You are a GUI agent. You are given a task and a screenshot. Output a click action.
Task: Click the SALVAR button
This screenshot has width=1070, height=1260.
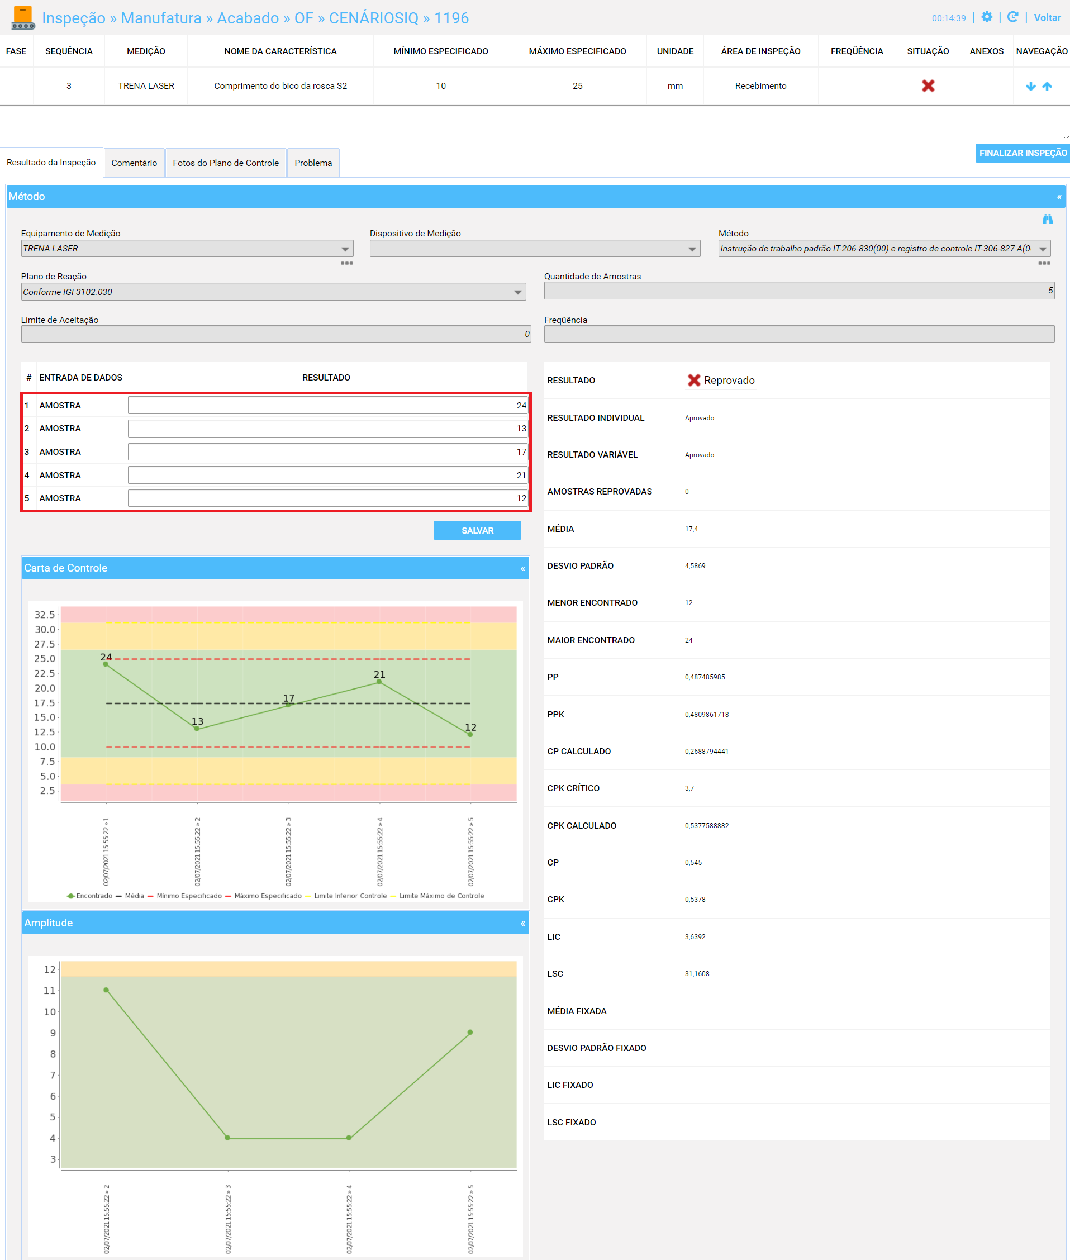click(x=477, y=530)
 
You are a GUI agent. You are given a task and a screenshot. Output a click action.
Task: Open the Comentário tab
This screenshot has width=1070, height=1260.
click(x=134, y=163)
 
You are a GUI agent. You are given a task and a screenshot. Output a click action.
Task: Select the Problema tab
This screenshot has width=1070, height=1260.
click(x=313, y=163)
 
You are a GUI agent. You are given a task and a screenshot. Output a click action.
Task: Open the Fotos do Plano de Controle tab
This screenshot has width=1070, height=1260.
click(x=226, y=163)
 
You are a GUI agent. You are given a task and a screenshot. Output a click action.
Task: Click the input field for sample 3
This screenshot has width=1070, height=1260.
click(x=327, y=452)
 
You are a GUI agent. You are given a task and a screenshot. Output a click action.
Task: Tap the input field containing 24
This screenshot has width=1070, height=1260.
click(x=327, y=405)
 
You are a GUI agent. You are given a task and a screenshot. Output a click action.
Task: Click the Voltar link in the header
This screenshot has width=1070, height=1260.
click(x=1047, y=17)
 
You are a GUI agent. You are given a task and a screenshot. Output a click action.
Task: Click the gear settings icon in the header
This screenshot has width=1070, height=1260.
click(x=987, y=17)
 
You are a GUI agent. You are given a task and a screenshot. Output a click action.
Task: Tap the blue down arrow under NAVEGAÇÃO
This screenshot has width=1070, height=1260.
click(x=1030, y=86)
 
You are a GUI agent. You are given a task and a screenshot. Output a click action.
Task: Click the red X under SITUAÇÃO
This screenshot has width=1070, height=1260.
click(x=928, y=85)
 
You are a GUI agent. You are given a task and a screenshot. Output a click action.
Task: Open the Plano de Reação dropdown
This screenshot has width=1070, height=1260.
click(x=274, y=292)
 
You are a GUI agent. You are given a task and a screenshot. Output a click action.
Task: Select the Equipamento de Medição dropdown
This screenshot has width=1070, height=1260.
click(x=187, y=249)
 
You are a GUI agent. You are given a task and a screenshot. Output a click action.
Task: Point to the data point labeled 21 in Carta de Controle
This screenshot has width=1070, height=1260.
click(x=379, y=682)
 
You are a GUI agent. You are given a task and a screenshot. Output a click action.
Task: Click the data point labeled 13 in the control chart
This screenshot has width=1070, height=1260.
click(x=197, y=728)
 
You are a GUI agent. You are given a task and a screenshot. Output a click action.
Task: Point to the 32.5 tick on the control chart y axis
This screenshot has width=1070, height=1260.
click(x=44, y=615)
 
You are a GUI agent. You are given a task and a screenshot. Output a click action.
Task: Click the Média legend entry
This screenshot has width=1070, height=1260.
click(x=130, y=896)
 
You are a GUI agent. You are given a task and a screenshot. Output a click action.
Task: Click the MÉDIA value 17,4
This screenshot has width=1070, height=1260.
click(x=692, y=529)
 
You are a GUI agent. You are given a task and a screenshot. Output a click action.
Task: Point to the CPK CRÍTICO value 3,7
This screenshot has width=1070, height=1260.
click(x=689, y=788)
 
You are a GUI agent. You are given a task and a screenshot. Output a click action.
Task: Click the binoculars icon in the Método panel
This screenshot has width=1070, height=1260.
click(x=1048, y=219)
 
